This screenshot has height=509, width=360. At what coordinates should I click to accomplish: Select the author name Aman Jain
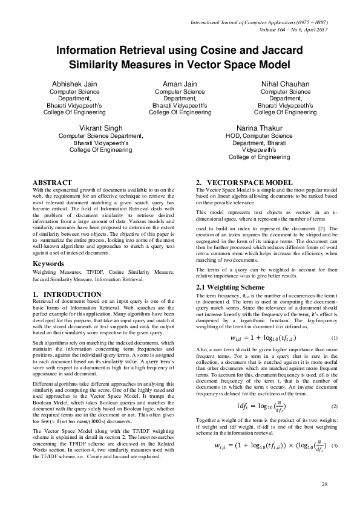[180, 84]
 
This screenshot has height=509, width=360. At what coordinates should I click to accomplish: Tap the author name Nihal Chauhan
[285, 84]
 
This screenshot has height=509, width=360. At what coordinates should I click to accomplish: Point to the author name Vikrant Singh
[100, 128]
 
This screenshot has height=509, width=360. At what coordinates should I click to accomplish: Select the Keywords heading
[49, 264]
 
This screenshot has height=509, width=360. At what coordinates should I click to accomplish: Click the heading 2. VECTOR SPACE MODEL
[244, 183]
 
